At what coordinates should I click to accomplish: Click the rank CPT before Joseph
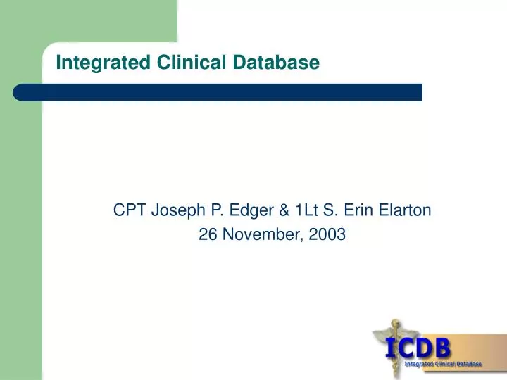(128, 209)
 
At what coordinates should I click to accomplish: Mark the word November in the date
(261, 236)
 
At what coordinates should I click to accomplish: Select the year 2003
(327, 236)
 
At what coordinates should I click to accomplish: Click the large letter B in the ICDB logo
(443, 348)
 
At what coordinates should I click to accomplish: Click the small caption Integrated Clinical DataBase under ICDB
(443, 364)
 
